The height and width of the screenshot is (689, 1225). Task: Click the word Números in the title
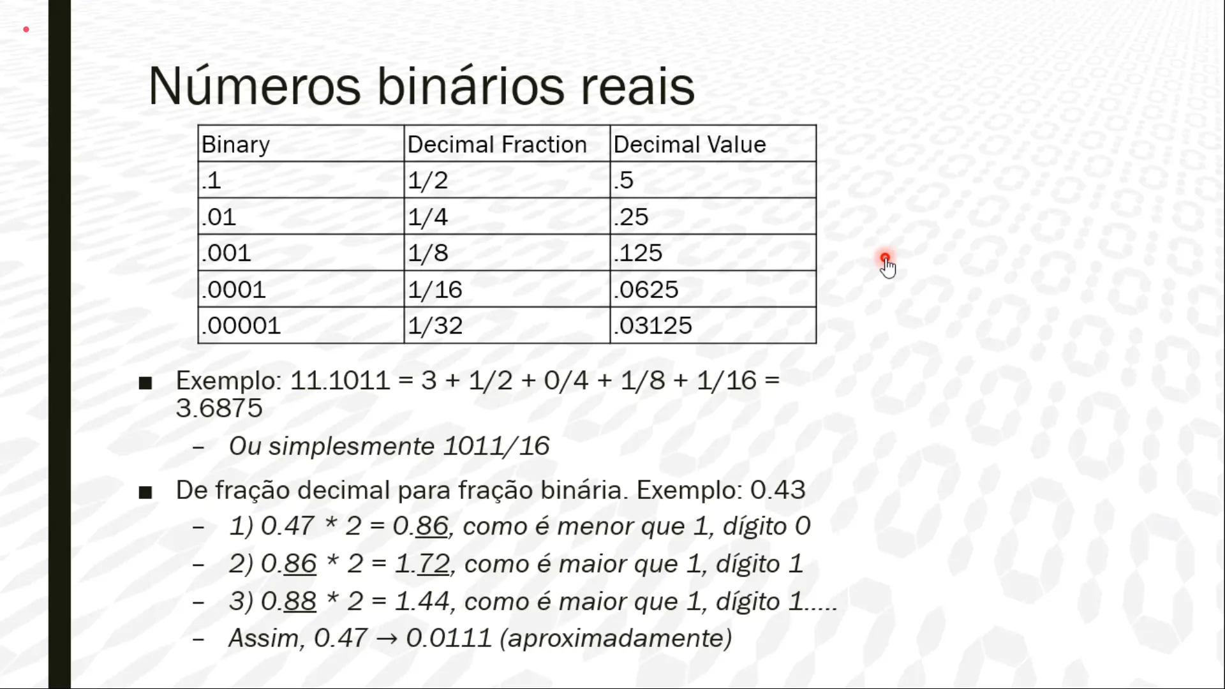(x=255, y=86)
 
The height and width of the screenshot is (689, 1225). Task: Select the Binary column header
(x=301, y=144)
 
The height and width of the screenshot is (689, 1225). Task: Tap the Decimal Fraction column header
(x=507, y=144)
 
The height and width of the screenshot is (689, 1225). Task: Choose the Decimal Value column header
(x=713, y=144)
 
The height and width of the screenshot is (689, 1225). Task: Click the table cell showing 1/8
(x=507, y=253)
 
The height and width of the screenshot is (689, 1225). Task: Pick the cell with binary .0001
(x=301, y=289)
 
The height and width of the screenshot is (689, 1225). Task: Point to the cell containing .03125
(x=713, y=325)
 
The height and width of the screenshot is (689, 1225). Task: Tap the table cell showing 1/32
(x=507, y=325)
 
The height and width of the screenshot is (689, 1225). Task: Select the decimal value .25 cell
(x=713, y=216)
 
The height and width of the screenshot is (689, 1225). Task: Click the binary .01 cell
(x=301, y=216)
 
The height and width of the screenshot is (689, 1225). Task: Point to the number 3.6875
(x=219, y=408)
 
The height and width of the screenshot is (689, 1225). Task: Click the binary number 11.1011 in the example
(x=339, y=381)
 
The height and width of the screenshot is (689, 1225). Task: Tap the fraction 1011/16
(x=496, y=446)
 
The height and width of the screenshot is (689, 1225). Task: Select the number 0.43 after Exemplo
(x=778, y=490)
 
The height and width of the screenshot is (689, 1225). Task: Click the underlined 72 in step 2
(x=434, y=564)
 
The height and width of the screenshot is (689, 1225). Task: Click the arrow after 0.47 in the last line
(x=387, y=639)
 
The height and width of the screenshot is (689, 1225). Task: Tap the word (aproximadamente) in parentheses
(x=616, y=639)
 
